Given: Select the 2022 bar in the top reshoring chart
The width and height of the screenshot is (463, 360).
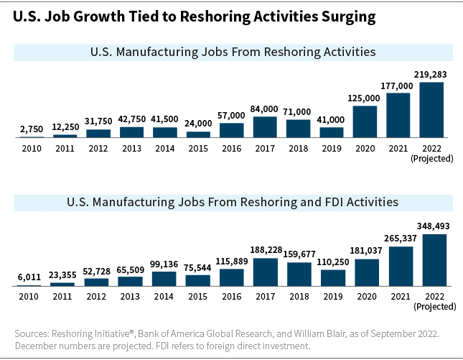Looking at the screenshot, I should tap(431, 109).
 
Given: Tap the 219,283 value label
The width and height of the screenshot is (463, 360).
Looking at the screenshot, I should tap(431, 74).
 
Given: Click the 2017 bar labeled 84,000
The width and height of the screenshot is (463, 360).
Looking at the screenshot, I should tap(265, 126).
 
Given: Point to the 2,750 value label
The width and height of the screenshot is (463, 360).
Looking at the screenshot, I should tap(31, 129).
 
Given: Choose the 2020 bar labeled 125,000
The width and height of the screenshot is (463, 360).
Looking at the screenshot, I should tap(365, 121).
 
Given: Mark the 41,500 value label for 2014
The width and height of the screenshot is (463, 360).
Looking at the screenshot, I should tap(164, 119).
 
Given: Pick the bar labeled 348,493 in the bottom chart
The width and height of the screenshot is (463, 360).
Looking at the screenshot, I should tap(434, 260).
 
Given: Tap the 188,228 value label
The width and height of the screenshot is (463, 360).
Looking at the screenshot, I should tap(265, 250).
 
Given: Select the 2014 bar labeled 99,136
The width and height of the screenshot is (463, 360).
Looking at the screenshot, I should tap(164, 279).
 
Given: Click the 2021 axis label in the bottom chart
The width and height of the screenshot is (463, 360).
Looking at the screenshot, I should tap(401, 297).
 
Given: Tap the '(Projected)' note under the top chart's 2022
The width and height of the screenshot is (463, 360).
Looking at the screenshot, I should tap(431, 157).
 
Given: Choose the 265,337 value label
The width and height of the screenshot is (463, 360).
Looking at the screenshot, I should tap(401, 239).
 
